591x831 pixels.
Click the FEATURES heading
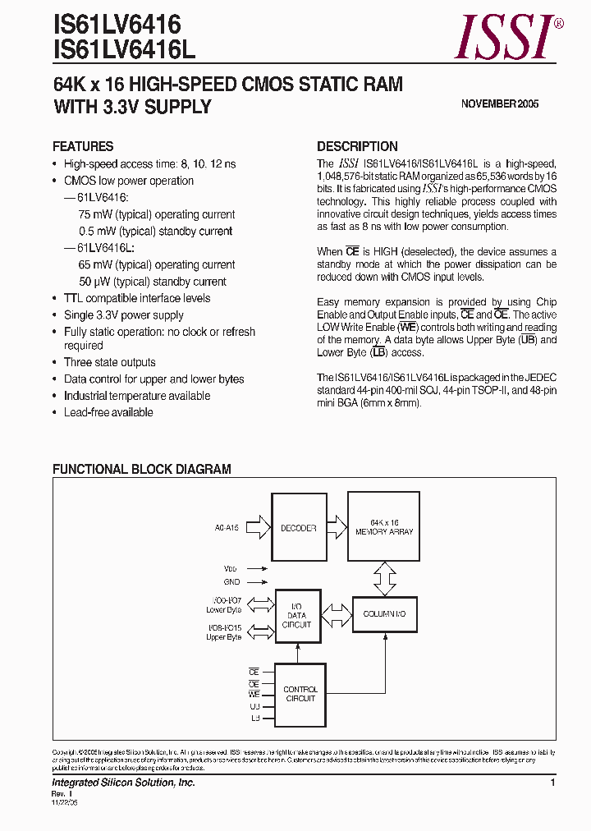(x=83, y=147)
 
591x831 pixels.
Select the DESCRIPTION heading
(x=357, y=147)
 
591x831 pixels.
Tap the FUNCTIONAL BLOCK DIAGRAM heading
(x=142, y=470)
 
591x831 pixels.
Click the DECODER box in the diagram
(x=298, y=528)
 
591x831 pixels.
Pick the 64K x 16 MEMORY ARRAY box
(x=384, y=527)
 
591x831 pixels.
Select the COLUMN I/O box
(x=384, y=614)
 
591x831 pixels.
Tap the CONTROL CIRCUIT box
(x=300, y=693)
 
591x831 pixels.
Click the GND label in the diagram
(x=232, y=581)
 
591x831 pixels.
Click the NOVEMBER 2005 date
(x=500, y=104)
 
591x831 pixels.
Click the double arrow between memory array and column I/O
(x=384, y=577)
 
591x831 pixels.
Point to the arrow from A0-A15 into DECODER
(x=257, y=527)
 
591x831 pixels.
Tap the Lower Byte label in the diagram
(x=224, y=610)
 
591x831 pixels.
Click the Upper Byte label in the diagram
(x=224, y=637)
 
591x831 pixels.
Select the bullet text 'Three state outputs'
(x=109, y=362)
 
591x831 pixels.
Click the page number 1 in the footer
(x=553, y=783)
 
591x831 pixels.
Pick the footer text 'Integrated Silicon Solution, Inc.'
(x=124, y=783)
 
